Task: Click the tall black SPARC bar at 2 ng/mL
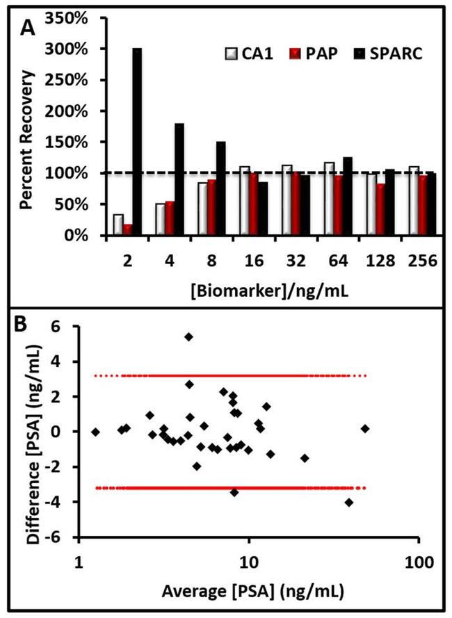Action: (137, 142)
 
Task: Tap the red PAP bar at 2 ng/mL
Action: (127, 229)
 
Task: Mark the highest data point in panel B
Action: (188, 336)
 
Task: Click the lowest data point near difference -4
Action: (349, 502)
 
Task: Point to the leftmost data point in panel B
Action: (95, 432)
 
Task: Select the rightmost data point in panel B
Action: (365, 428)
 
